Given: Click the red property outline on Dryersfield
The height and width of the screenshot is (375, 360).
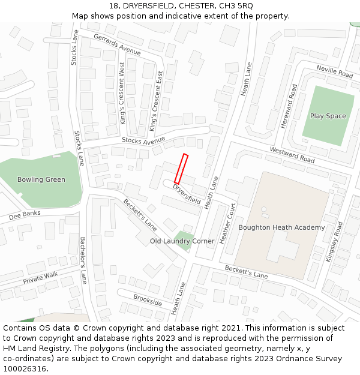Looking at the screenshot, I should click(x=181, y=169).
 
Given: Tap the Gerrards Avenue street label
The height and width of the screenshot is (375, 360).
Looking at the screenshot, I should click(x=117, y=45).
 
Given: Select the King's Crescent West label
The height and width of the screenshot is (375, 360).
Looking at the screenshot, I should click(x=122, y=93).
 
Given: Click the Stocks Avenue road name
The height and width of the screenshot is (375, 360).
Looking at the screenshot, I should click(x=143, y=140).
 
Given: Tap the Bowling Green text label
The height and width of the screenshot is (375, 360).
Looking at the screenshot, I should click(x=41, y=179).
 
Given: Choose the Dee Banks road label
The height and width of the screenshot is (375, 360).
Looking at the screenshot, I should click(x=25, y=214).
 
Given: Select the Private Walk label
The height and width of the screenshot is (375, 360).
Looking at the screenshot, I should click(x=41, y=277).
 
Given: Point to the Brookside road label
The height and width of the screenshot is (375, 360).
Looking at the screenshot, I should click(x=148, y=300).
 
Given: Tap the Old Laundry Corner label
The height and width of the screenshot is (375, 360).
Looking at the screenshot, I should click(x=182, y=241).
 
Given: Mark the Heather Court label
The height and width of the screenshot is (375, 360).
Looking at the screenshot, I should click(x=227, y=223).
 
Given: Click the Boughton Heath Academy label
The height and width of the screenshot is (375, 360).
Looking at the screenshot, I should click(x=281, y=227).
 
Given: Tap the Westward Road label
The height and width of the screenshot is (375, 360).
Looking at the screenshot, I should click(x=292, y=155).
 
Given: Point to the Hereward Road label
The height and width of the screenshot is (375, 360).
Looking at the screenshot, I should click(x=289, y=107).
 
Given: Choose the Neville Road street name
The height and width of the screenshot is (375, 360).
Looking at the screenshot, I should click(x=335, y=72).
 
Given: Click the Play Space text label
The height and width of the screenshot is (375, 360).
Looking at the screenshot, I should click(x=328, y=116).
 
